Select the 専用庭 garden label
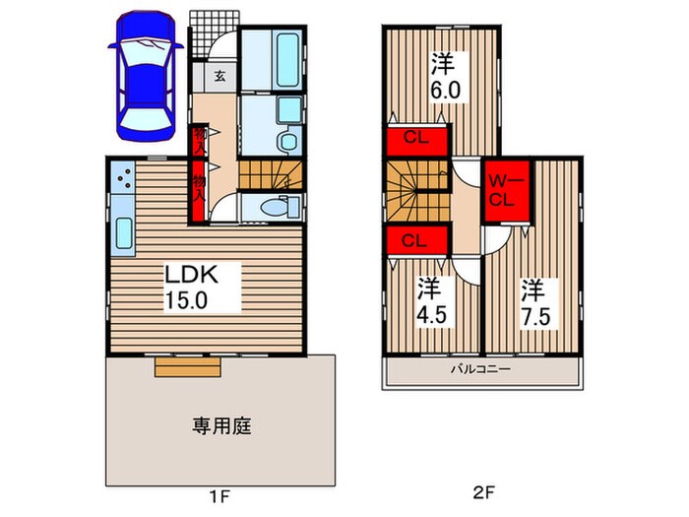point(221,425)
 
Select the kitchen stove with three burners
point(124,176)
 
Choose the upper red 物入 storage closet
point(200,138)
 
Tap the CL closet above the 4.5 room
point(414,240)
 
